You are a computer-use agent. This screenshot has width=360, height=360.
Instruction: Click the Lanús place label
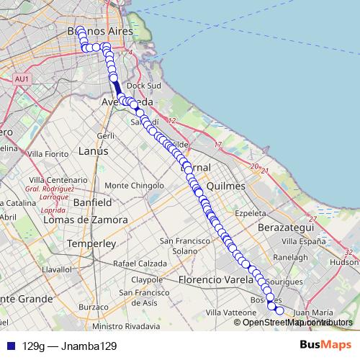pyautogui.click(x=92, y=151)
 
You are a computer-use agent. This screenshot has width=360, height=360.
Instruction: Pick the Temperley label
pyautogui.click(x=91, y=243)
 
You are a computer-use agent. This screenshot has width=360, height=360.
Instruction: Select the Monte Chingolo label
pyautogui.click(x=135, y=185)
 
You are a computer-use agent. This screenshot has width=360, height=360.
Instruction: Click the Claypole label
pyautogui.click(x=147, y=279)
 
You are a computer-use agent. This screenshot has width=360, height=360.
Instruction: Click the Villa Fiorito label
pyautogui.click(x=46, y=153)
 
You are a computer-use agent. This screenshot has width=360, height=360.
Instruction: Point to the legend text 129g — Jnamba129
pyautogui.click(x=70, y=346)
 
